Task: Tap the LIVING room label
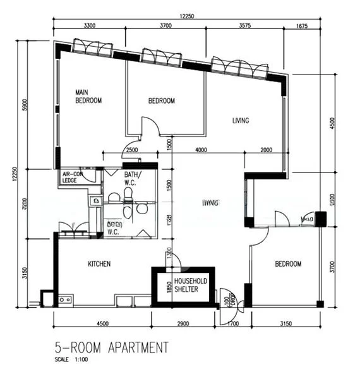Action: click(x=240, y=121)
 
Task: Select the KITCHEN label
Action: click(x=99, y=263)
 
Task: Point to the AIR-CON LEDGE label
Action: click(x=72, y=177)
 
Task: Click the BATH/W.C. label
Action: click(x=132, y=178)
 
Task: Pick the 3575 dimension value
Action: click(x=245, y=26)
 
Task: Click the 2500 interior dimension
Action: click(x=131, y=150)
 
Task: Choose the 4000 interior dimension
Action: click(x=201, y=150)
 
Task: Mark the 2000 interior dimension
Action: click(x=265, y=150)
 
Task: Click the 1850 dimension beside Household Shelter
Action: click(x=169, y=286)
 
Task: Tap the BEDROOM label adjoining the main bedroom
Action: click(x=162, y=100)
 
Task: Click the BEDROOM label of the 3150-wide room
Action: click(x=288, y=263)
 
